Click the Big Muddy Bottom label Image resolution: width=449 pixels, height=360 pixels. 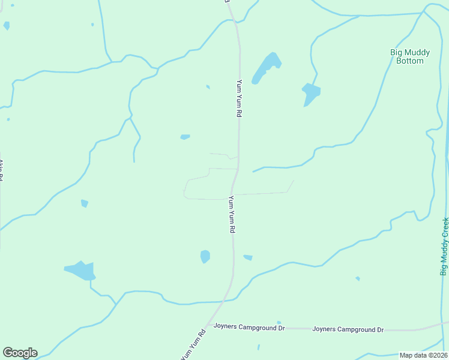[x=406, y=56]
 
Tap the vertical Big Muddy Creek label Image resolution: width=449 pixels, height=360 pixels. [x=445, y=247]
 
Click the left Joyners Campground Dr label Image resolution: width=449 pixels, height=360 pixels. [x=249, y=328]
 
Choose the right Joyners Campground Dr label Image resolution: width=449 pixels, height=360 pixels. [x=348, y=329]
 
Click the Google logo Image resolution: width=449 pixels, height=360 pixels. [x=20, y=353]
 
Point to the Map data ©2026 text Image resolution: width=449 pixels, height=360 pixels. [x=423, y=355]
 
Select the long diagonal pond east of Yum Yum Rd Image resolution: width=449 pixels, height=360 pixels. [x=267, y=67]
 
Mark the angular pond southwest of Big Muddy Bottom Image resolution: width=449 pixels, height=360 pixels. [x=310, y=93]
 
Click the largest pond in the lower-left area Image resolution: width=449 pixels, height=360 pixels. [x=80, y=271]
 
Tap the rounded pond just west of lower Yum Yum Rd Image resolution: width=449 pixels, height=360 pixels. [x=205, y=256]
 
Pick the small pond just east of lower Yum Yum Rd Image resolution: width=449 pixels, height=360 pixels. [x=248, y=257]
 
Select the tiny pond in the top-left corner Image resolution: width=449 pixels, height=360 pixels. [x=7, y=25]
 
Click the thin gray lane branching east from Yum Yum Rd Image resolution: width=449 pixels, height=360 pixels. [x=264, y=193]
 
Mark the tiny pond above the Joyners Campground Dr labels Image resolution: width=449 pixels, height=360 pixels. [x=279, y=322]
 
